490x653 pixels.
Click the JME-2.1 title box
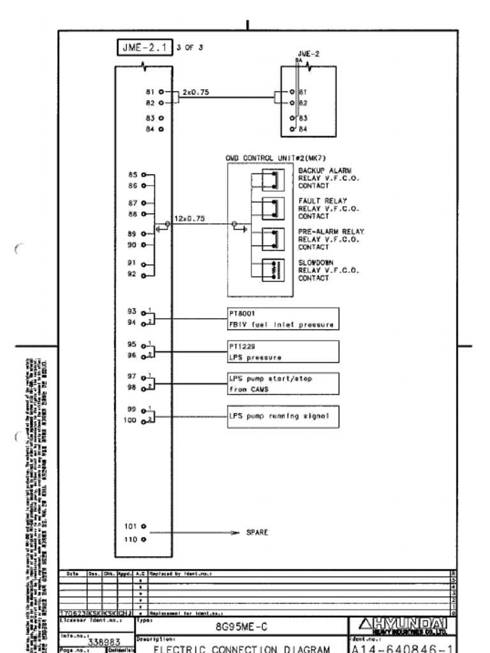click(x=145, y=47)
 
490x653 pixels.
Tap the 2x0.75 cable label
click(x=195, y=92)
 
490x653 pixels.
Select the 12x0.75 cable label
click(x=189, y=219)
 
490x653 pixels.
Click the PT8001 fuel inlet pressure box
click(x=283, y=319)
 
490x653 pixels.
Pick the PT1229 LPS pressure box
click(x=283, y=351)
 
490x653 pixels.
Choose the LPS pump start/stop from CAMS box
click(x=283, y=384)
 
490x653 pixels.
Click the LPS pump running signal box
click(x=283, y=416)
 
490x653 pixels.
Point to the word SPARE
click(x=257, y=532)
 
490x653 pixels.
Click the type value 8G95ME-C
click(x=241, y=626)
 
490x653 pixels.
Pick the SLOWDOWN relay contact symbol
click(x=272, y=270)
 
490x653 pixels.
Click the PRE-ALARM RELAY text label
click(x=330, y=231)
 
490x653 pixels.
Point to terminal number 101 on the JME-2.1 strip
click(x=131, y=527)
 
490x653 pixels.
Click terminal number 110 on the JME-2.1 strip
click(x=131, y=539)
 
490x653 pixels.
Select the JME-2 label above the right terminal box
click(x=309, y=54)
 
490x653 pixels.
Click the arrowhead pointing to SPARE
click(x=235, y=532)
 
